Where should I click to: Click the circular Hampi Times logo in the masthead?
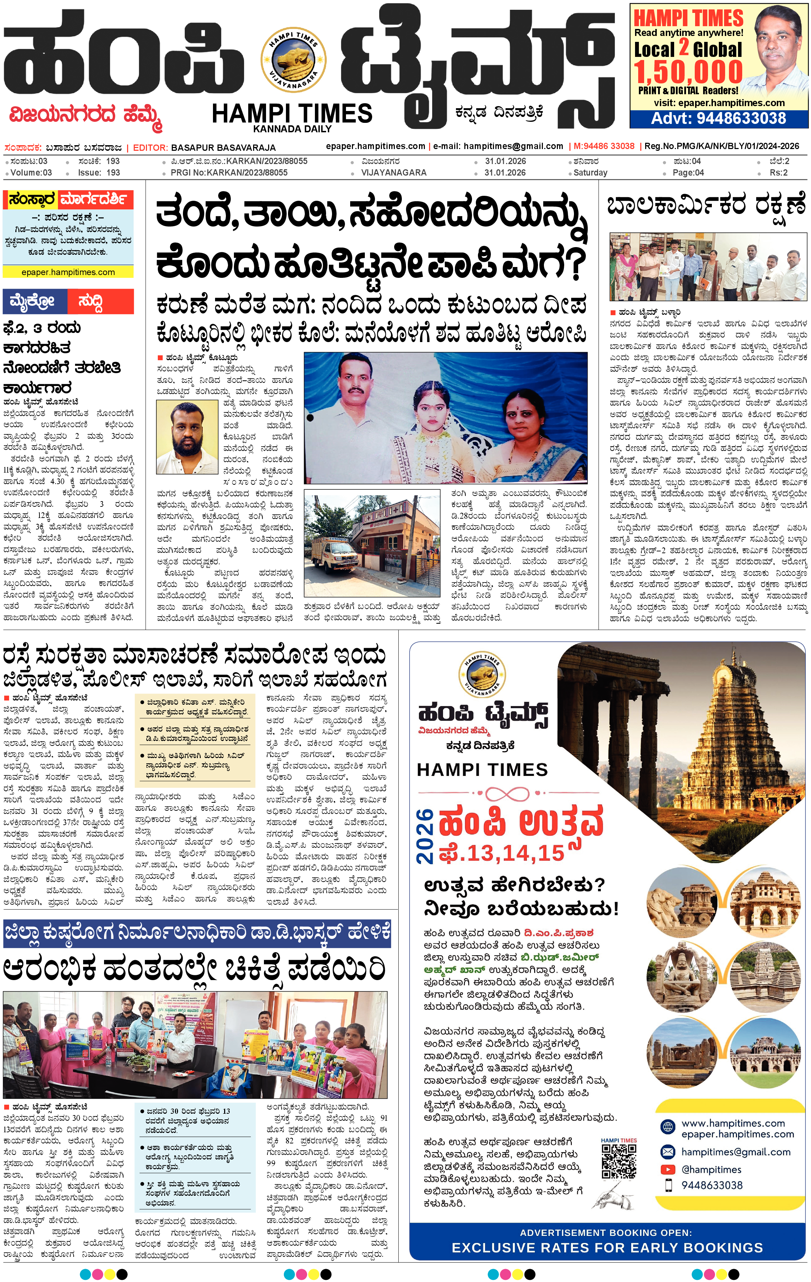click(293, 60)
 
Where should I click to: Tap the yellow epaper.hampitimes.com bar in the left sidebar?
click(68, 272)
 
